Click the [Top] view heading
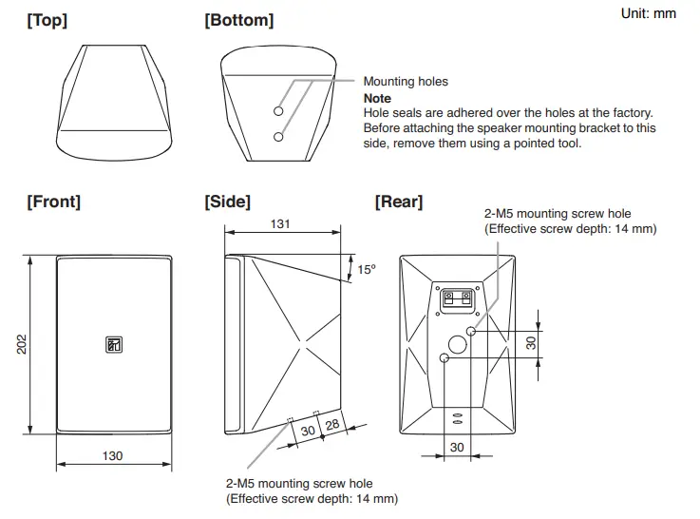(x=47, y=21)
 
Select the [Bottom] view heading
(x=238, y=21)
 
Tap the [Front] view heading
(x=53, y=202)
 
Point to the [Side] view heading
(x=227, y=202)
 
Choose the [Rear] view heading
(x=399, y=202)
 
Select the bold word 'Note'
(x=377, y=99)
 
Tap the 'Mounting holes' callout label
(x=406, y=83)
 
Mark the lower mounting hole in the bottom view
(x=278, y=137)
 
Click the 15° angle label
(x=367, y=270)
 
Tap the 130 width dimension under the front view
(x=112, y=456)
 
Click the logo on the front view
(x=113, y=345)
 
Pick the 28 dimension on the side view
(x=331, y=425)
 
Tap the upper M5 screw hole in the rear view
(x=472, y=331)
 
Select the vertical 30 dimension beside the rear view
(x=531, y=343)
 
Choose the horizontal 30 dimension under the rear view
(x=457, y=447)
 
